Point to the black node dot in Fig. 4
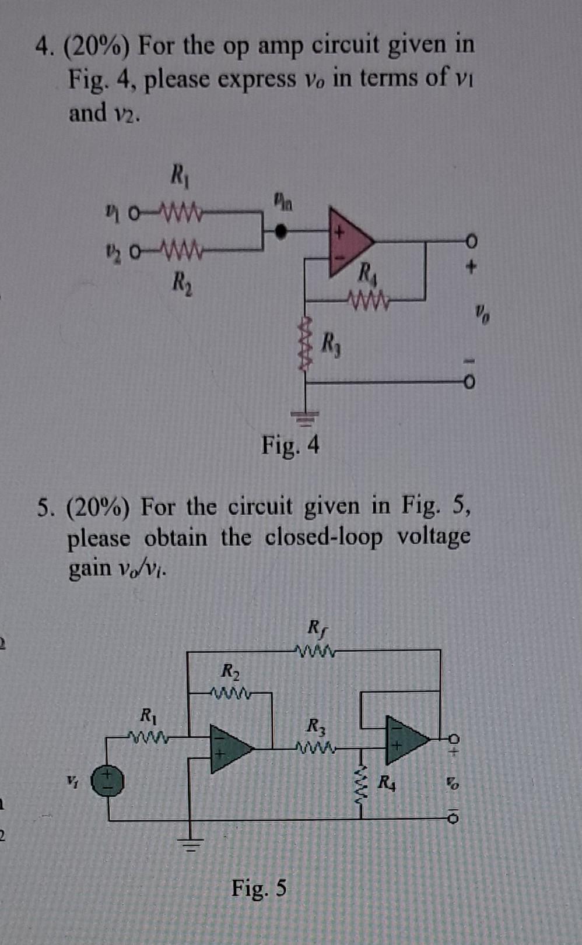point(281,231)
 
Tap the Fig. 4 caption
point(290,445)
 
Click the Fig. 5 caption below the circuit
point(259,888)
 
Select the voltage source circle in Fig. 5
point(110,781)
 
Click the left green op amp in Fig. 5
point(229,749)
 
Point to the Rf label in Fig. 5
point(315,628)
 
